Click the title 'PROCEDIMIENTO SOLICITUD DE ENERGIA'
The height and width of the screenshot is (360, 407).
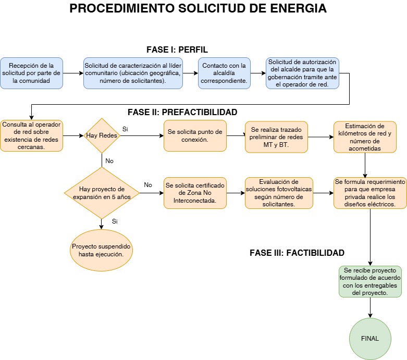[x=198, y=9]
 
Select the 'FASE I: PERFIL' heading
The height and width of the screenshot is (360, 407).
[x=177, y=49]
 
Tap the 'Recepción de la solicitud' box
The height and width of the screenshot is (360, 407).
[x=31, y=73]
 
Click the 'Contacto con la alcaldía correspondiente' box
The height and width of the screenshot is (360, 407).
[x=224, y=73]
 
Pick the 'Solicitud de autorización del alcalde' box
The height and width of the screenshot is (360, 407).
[x=302, y=73]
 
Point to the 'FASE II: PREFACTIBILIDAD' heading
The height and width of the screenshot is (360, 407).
[x=182, y=112]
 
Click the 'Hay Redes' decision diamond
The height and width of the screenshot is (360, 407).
[x=102, y=135]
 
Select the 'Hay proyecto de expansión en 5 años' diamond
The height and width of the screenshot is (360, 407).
[x=102, y=193]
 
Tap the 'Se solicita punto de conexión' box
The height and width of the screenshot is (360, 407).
[x=195, y=135]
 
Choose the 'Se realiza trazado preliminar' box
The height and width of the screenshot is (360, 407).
[x=277, y=136]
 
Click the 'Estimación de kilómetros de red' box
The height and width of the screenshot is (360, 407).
[x=365, y=136]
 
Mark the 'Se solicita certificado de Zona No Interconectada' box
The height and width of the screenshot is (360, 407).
[x=195, y=193]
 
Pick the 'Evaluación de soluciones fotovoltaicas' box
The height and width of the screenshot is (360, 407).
[x=279, y=193]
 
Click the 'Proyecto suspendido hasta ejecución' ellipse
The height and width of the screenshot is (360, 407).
[x=101, y=250]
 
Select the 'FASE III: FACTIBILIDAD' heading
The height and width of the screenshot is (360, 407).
[x=297, y=253]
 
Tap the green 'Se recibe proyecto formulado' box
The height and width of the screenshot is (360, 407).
[x=370, y=282]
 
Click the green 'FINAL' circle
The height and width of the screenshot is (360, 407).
[x=370, y=338]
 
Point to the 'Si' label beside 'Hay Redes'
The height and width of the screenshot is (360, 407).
[x=125, y=129]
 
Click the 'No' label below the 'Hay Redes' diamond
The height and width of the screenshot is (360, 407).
[x=109, y=161]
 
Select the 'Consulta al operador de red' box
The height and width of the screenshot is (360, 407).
[x=31, y=135]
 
